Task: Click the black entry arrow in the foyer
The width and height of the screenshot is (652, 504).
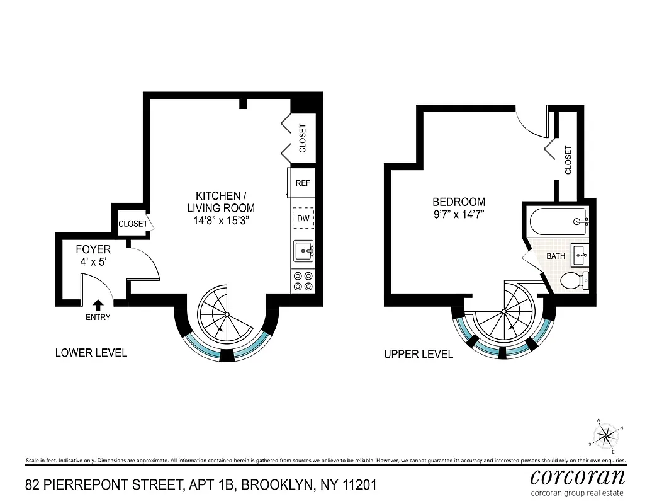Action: [x=98, y=306]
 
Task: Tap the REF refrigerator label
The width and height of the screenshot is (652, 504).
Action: [x=303, y=183]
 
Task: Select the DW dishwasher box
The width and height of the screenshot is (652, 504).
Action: [x=303, y=219]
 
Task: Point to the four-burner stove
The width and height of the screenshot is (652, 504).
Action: [x=303, y=280]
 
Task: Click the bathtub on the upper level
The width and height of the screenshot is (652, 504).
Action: [x=557, y=222]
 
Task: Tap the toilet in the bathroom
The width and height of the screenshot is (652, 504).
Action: [x=574, y=280]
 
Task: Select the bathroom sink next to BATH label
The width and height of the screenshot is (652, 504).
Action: [x=580, y=255]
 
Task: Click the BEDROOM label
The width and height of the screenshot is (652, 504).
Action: [x=458, y=202]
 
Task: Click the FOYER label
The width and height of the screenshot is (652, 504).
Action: [x=93, y=249]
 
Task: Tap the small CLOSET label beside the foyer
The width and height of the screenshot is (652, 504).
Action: [x=133, y=224]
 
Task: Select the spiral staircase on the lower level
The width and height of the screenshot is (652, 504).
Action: [x=223, y=313]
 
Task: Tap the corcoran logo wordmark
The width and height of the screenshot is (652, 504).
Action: [x=578, y=476]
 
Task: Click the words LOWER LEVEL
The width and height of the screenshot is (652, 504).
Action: [x=91, y=353]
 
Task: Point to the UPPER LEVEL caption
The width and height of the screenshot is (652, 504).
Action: [x=419, y=355]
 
